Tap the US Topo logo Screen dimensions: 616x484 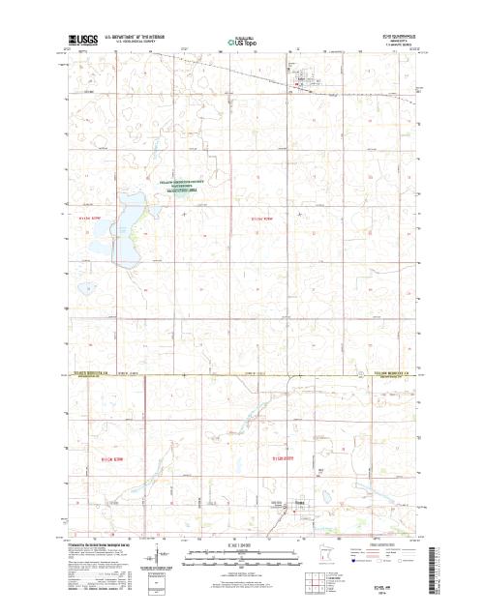click(x=241, y=43)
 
